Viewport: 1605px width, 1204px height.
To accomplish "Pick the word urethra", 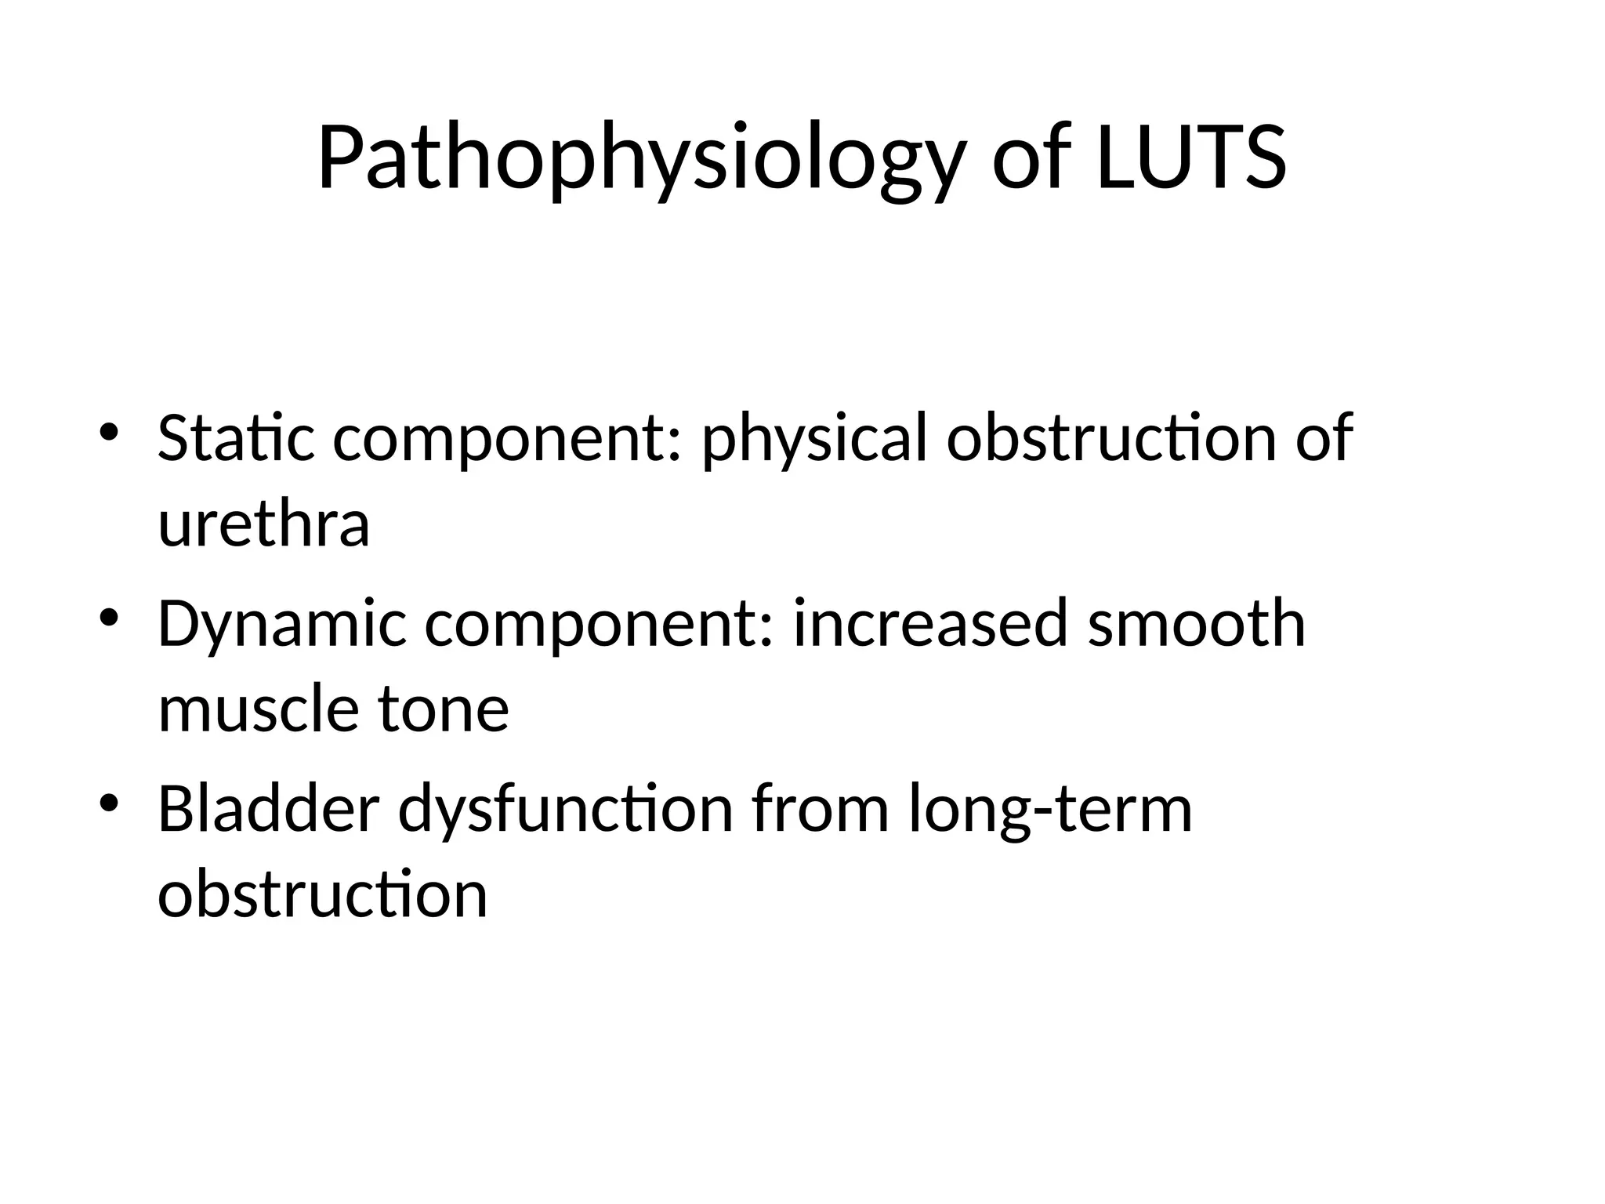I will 263,524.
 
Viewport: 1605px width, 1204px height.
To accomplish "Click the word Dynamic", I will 282,624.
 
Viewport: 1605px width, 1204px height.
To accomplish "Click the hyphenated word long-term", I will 1051,809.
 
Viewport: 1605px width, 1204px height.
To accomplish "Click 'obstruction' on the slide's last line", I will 323,894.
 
